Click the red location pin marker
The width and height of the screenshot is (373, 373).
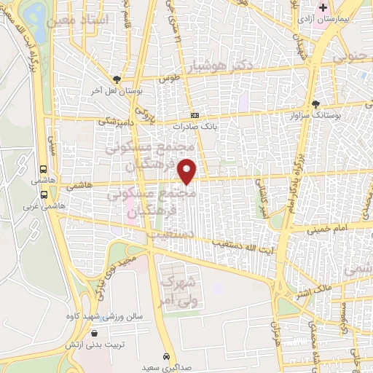point(188,170)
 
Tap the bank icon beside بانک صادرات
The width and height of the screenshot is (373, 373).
point(195,116)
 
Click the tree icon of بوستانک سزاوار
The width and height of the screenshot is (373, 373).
point(315,104)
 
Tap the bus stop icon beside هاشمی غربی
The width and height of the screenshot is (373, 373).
point(45,195)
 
